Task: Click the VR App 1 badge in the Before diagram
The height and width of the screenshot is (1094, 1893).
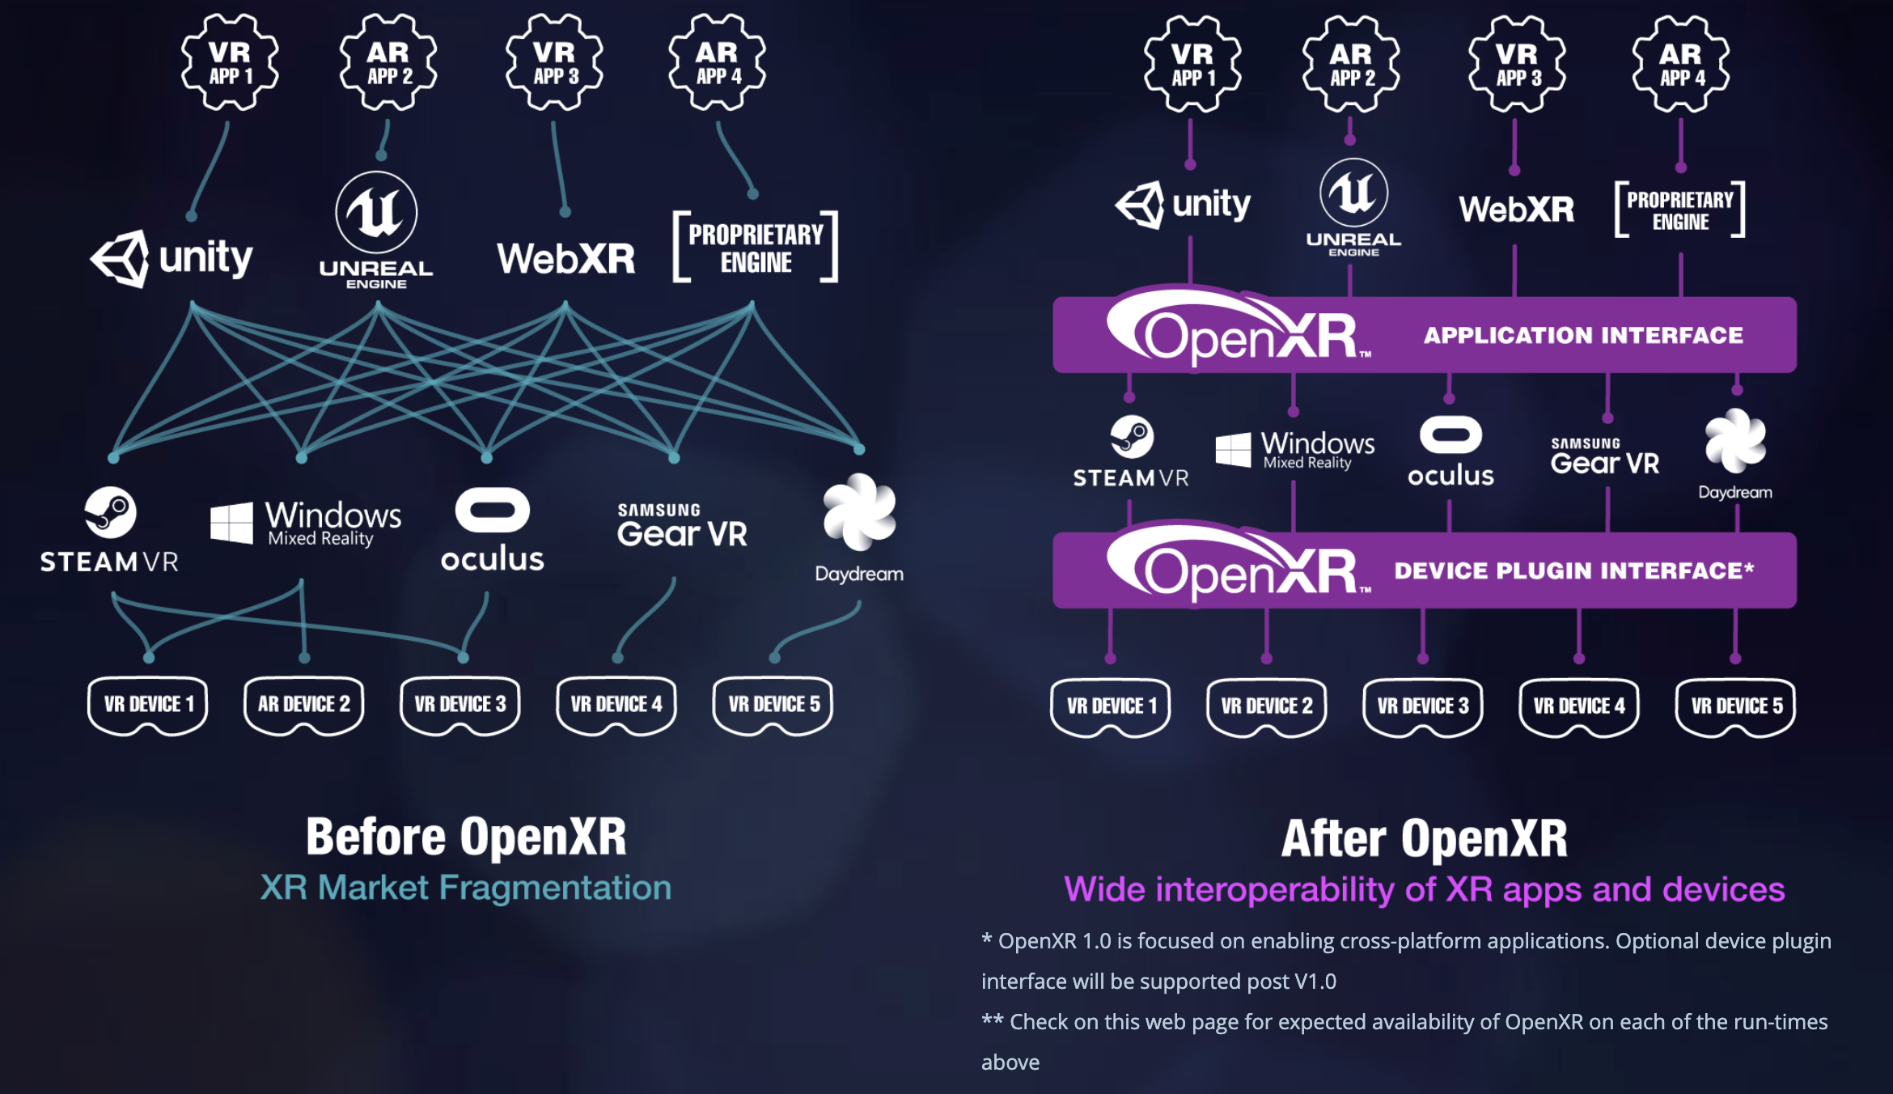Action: (231, 62)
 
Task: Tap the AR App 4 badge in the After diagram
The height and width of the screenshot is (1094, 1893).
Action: (1681, 64)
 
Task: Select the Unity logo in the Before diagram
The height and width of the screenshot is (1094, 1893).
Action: (172, 259)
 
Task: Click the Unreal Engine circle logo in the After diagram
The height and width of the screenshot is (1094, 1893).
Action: (1353, 193)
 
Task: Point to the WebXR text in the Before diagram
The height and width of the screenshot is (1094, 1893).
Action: (565, 259)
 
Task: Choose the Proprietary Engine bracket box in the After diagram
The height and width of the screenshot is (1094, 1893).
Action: (1680, 210)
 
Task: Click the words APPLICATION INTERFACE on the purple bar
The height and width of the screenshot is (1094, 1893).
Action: (1583, 335)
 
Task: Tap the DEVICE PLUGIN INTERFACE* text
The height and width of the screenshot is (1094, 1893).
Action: (1573, 570)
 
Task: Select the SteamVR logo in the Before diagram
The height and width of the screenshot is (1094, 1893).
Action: (110, 530)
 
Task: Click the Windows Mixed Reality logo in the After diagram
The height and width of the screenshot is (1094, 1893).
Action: (1294, 449)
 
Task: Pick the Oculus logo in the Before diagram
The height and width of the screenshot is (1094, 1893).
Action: (492, 530)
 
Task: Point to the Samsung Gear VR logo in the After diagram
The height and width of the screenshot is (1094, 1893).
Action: (1604, 457)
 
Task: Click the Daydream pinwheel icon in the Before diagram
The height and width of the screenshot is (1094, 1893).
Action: (859, 513)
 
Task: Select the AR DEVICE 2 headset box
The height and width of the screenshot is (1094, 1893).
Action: (304, 704)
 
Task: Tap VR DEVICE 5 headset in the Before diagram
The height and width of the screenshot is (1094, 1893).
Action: (773, 704)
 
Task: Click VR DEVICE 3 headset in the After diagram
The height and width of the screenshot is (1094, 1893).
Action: (1423, 706)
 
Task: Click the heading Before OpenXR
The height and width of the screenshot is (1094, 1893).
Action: (466, 837)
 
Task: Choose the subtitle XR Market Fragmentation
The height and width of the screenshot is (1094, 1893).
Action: (466, 888)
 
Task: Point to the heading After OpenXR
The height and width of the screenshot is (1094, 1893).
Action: (1425, 838)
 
